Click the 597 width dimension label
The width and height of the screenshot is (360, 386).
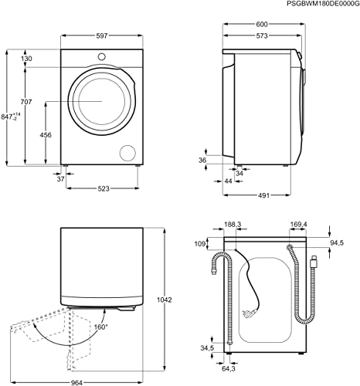[102, 36]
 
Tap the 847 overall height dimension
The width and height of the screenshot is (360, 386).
[11, 117]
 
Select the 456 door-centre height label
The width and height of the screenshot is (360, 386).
[46, 135]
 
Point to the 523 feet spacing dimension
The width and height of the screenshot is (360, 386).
[104, 188]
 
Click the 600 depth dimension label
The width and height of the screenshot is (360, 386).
[262, 24]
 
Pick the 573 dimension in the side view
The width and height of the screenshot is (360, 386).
[262, 36]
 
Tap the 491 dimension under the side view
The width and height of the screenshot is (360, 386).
[263, 195]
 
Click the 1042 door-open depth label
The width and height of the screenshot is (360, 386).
[165, 300]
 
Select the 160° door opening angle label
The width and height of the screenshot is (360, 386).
[100, 327]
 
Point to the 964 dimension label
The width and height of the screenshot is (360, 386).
[76, 383]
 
